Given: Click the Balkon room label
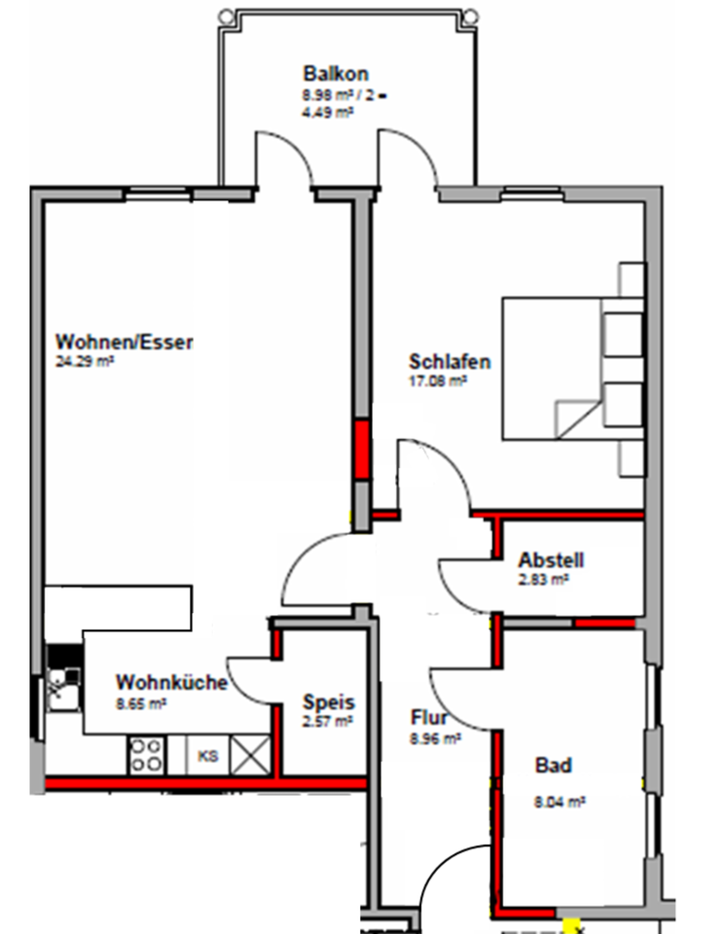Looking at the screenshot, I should click(x=335, y=74).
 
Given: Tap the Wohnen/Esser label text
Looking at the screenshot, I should click(x=125, y=342).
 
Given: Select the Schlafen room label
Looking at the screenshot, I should click(x=450, y=363).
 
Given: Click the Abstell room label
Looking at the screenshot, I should click(x=551, y=561).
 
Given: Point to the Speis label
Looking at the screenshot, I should click(x=328, y=701).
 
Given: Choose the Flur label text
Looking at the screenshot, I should click(x=428, y=719).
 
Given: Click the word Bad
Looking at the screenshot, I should click(x=553, y=766).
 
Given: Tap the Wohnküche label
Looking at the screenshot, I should click(x=171, y=683).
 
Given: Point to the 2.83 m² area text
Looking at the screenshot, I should click(x=543, y=580).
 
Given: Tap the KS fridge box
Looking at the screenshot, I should click(x=207, y=755).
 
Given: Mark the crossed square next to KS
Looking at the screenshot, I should click(x=249, y=756).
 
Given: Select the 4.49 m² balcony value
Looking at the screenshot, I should click(x=327, y=112).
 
